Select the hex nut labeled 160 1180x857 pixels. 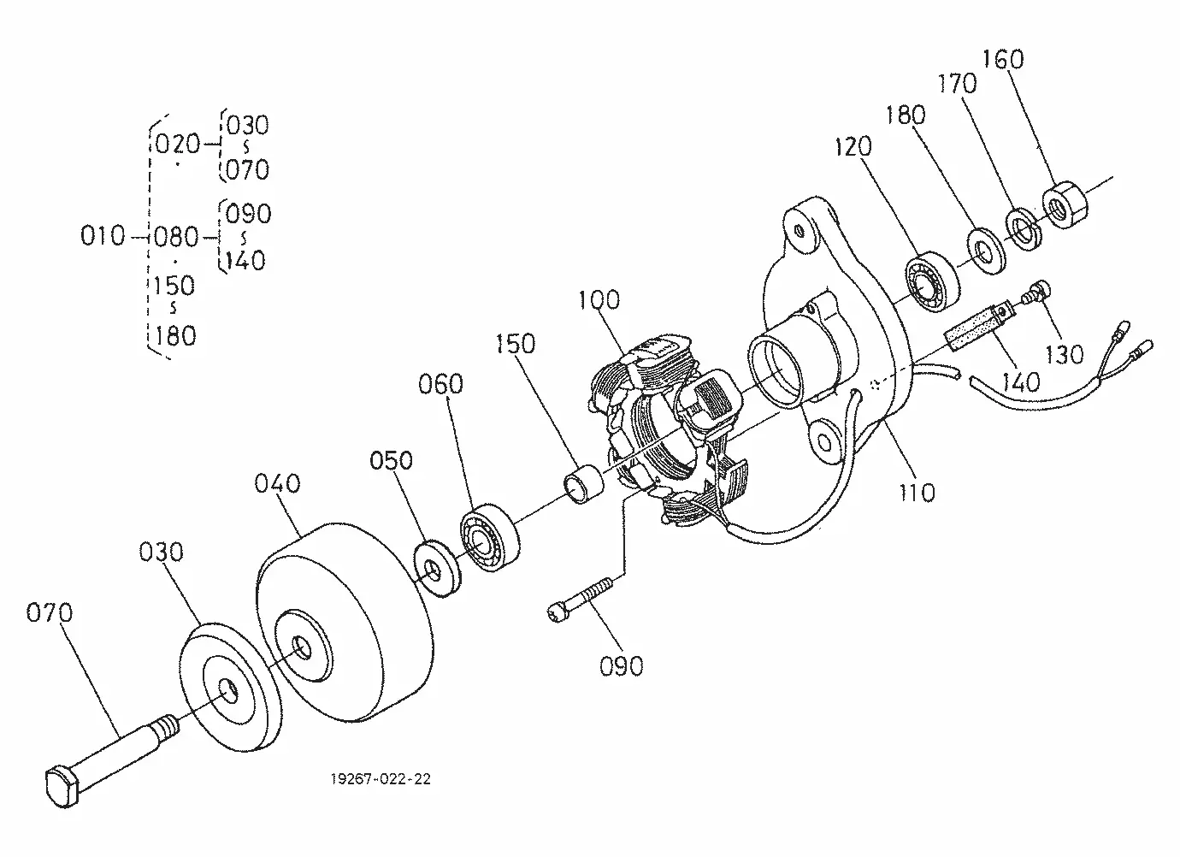(x=1064, y=204)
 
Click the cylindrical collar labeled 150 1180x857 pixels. (x=582, y=484)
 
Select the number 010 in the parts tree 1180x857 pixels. (x=103, y=235)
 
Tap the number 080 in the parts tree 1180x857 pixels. (x=176, y=236)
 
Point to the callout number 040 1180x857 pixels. (x=278, y=483)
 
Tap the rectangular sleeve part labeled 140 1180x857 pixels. (x=975, y=331)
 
